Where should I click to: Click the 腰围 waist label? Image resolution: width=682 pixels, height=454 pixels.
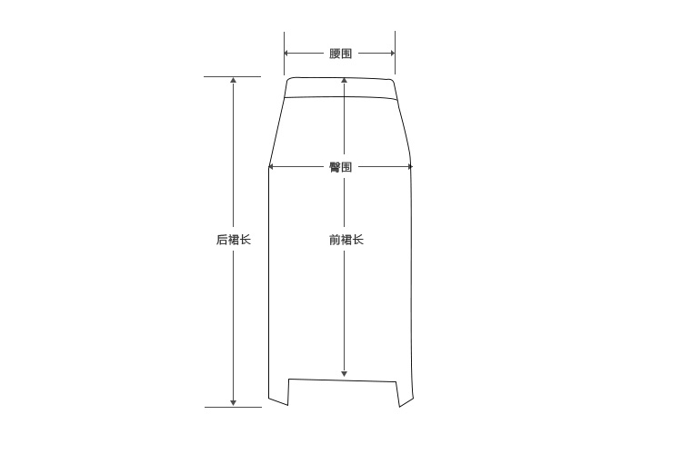click(341, 54)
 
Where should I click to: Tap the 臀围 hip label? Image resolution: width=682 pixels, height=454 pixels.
click(341, 167)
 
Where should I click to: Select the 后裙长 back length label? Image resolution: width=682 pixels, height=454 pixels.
click(234, 240)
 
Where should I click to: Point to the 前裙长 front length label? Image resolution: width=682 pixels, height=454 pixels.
click(346, 240)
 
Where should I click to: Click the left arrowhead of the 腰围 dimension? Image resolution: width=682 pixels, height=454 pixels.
click(286, 54)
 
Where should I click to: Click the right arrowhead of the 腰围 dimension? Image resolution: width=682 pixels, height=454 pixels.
click(392, 54)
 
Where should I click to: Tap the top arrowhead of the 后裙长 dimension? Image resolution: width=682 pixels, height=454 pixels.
click(233, 80)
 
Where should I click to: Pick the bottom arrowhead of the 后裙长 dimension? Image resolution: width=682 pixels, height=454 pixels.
click(233, 403)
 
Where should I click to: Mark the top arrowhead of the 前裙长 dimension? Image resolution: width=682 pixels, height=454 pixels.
click(344, 80)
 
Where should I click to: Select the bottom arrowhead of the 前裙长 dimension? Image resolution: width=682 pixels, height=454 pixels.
click(344, 374)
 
